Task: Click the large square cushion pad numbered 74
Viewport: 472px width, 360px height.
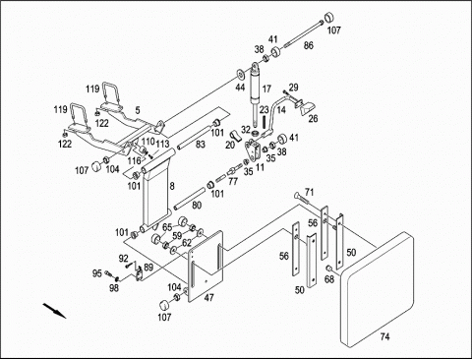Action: (x=377, y=289)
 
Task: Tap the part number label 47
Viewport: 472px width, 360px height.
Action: (x=208, y=297)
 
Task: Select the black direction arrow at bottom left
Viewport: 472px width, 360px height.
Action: (x=54, y=311)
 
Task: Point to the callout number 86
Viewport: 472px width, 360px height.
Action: (x=308, y=45)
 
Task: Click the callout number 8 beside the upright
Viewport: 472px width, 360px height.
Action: (x=172, y=186)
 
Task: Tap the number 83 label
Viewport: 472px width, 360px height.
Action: (x=201, y=144)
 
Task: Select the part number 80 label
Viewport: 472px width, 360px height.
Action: (x=197, y=206)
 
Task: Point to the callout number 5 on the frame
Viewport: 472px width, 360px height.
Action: (x=138, y=110)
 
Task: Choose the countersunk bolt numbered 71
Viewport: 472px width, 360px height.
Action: (x=301, y=197)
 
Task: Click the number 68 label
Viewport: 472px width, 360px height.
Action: (x=329, y=279)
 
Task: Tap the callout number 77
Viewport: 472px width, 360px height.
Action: (x=233, y=181)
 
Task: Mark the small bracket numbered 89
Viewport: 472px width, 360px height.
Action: (x=140, y=273)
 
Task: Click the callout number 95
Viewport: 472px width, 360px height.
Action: (x=97, y=273)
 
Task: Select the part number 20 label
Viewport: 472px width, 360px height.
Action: (x=230, y=145)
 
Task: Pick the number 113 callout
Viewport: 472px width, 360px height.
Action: (x=162, y=144)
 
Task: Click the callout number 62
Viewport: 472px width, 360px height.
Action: (x=187, y=243)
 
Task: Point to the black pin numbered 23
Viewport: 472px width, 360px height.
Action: (x=264, y=122)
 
